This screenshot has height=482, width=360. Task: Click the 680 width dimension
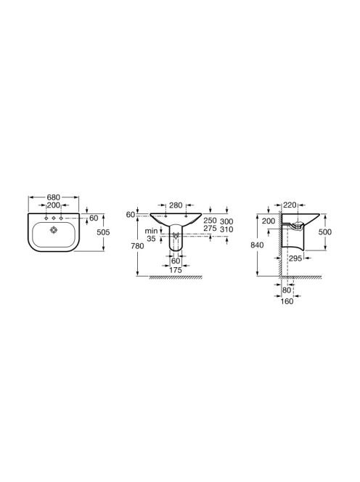point(54,197)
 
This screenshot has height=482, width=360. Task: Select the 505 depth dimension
point(103,232)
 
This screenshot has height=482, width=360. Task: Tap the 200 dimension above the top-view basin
point(53,205)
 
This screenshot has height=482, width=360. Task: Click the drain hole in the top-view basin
point(54,229)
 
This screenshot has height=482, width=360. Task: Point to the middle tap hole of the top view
point(54,218)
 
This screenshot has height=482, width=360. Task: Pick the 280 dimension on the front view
point(176,205)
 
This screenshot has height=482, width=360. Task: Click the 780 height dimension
point(137,246)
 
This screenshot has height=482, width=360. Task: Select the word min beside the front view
point(151,231)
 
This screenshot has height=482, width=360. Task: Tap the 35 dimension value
point(151,238)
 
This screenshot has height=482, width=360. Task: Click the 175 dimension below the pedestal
point(176,270)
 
